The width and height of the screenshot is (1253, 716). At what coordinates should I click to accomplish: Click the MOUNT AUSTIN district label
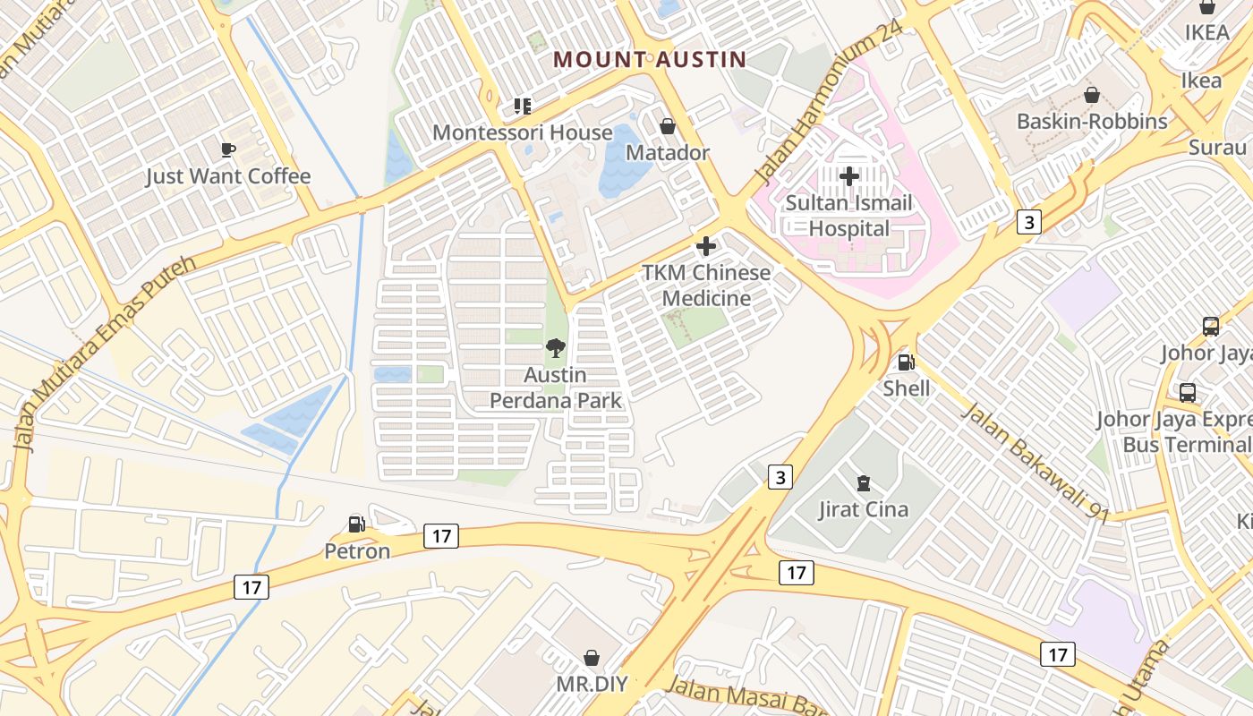click(649, 60)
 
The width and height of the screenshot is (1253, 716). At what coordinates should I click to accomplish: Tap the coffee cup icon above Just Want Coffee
click(228, 149)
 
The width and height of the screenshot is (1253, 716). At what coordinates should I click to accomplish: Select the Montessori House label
click(523, 132)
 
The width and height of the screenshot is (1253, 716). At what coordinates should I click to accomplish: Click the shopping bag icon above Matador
click(667, 126)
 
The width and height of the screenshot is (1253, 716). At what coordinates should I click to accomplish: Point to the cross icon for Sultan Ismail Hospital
click(848, 176)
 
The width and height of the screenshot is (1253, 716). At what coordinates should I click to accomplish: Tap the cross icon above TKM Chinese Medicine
click(706, 245)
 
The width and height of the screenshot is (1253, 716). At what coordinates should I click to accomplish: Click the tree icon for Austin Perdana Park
click(555, 348)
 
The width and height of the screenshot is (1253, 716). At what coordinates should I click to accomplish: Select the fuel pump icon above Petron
click(357, 524)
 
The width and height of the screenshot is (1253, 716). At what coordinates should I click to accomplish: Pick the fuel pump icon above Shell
click(906, 362)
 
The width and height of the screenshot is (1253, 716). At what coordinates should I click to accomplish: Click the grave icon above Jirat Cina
click(863, 483)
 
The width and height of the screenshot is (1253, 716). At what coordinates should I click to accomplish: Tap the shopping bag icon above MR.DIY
click(591, 658)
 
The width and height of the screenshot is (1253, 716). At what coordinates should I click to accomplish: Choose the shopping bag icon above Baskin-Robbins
click(1092, 95)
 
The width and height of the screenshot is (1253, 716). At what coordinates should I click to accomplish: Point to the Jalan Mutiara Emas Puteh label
click(105, 353)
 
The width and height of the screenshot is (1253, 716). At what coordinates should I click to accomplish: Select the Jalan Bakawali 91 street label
click(1036, 463)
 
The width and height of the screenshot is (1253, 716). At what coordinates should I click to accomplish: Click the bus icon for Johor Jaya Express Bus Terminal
click(1187, 392)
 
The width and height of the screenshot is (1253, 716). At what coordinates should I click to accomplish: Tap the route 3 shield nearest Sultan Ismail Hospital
click(1029, 222)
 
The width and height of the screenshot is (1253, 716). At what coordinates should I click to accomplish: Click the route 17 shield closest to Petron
click(440, 536)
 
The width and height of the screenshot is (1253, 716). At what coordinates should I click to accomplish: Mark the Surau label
click(1218, 148)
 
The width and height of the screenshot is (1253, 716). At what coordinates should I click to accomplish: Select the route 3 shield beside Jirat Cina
click(780, 478)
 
